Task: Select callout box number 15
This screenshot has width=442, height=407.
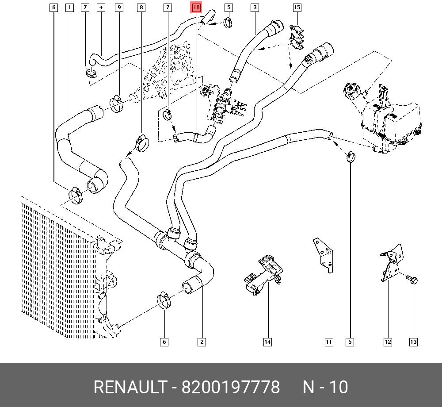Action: pyautogui.click(x=297, y=8)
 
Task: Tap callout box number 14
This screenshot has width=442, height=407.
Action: pyautogui.click(x=267, y=342)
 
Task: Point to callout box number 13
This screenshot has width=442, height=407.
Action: pyautogui.click(x=413, y=342)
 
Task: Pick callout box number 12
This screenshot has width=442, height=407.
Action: pyautogui.click(x=388, y=342)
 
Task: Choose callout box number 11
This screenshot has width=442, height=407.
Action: pyautogui.click(x=329, y=342)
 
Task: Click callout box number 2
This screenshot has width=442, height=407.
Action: pyautogui.click(x=202, y=342)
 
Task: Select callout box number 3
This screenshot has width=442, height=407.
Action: pyautogui.click(x=255, y=8)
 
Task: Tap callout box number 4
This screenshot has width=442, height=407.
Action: pyautogui.click(x=101, y=8)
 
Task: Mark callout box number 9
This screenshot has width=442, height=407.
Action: pyautogui.click(x=118, y=8)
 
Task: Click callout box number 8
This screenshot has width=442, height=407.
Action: pyautogui.click(x=141, y=8)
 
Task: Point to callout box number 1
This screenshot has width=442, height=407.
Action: pyautogui.click(x=69, y=8)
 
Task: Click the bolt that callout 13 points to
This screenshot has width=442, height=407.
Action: pyautogui.click(x=412, y=280)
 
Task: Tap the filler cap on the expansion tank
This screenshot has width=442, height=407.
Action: pyautogui.click(x=352, y=91)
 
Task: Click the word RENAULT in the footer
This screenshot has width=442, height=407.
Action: pyautogui.click(x=129, y=387)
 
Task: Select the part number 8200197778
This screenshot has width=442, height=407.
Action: pyautogui.click(x=231, y=387)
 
